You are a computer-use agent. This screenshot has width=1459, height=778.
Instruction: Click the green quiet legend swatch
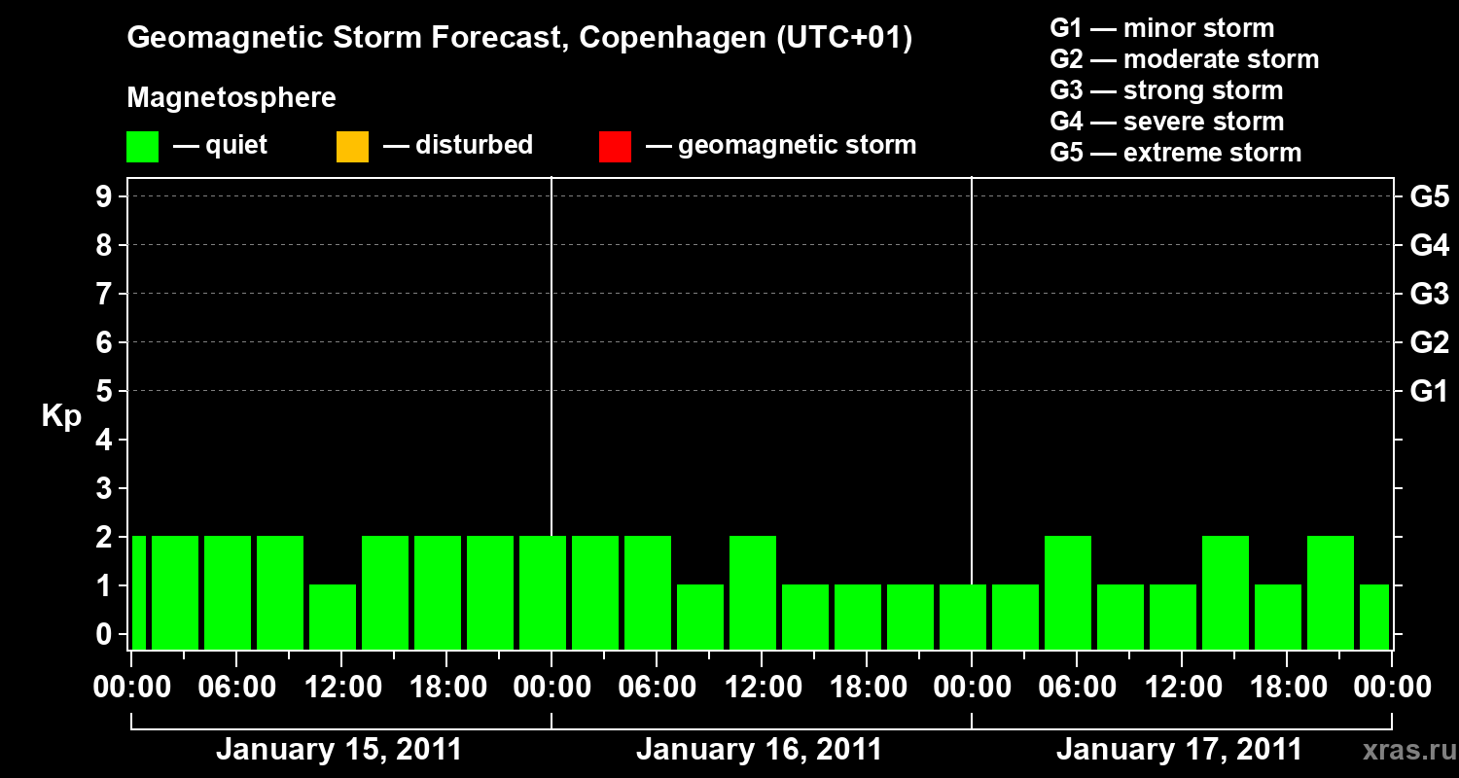pyautogui.click(x=142, y=146)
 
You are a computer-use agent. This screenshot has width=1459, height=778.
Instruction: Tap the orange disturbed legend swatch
pyautogui.click(x=352, y=146)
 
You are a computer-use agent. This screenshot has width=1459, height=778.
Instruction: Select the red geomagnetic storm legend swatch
pyautogui.click(x=615, y=146)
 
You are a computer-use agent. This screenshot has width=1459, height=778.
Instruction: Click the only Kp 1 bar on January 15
pyautogui.click(x=333, y=617)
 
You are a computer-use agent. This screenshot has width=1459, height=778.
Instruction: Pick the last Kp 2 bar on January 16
pyautogui.click(x=753, y=592)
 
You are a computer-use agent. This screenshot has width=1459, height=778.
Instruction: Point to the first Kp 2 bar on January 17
pyautogui.click(x=1068, y=592)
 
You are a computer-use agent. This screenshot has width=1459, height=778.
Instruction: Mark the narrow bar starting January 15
pyautogui.click(x=138, y=592)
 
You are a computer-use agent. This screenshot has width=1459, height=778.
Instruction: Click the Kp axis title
pyautogui.click(x=61, y=416)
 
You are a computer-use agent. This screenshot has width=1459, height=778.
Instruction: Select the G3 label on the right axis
pyautogui.click(x=1429, y=294)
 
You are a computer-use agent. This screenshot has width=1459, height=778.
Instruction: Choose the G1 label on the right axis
pyautogui.click(x=1429, y=392)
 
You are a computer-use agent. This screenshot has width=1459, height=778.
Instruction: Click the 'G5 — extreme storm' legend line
pyautogui.click(x=1175, y=153)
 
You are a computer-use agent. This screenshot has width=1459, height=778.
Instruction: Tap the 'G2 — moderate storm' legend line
pyautogui.click(x=1184, y=59)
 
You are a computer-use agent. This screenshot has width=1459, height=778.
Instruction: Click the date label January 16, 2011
pyautogui.click(x=759, y=750)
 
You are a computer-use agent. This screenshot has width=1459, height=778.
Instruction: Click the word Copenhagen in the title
pyautogui.click(x=670, y=39)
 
